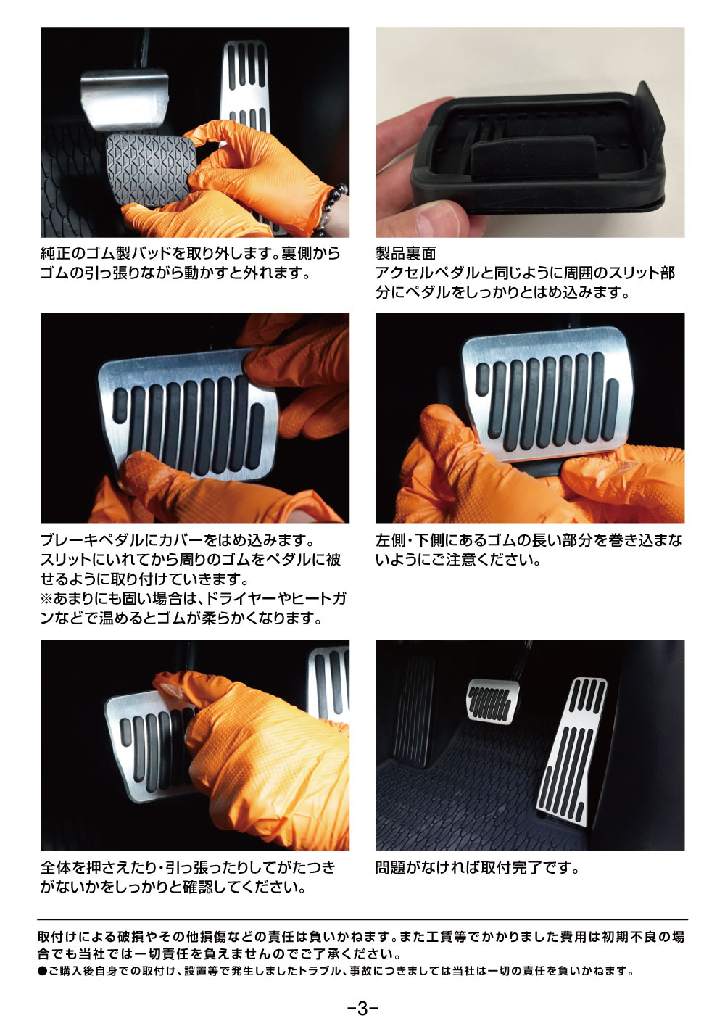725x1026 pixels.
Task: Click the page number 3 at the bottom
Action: click(362, 1008)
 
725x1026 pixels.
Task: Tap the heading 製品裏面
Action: click(405, 253)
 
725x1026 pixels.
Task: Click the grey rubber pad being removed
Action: click(150, 171)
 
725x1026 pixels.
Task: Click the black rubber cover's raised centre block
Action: click(533, 157)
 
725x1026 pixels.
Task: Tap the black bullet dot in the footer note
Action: click(43, 970)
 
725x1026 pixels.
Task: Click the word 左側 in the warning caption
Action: click(390, 540)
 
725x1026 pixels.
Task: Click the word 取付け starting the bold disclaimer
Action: click(59, 937)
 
